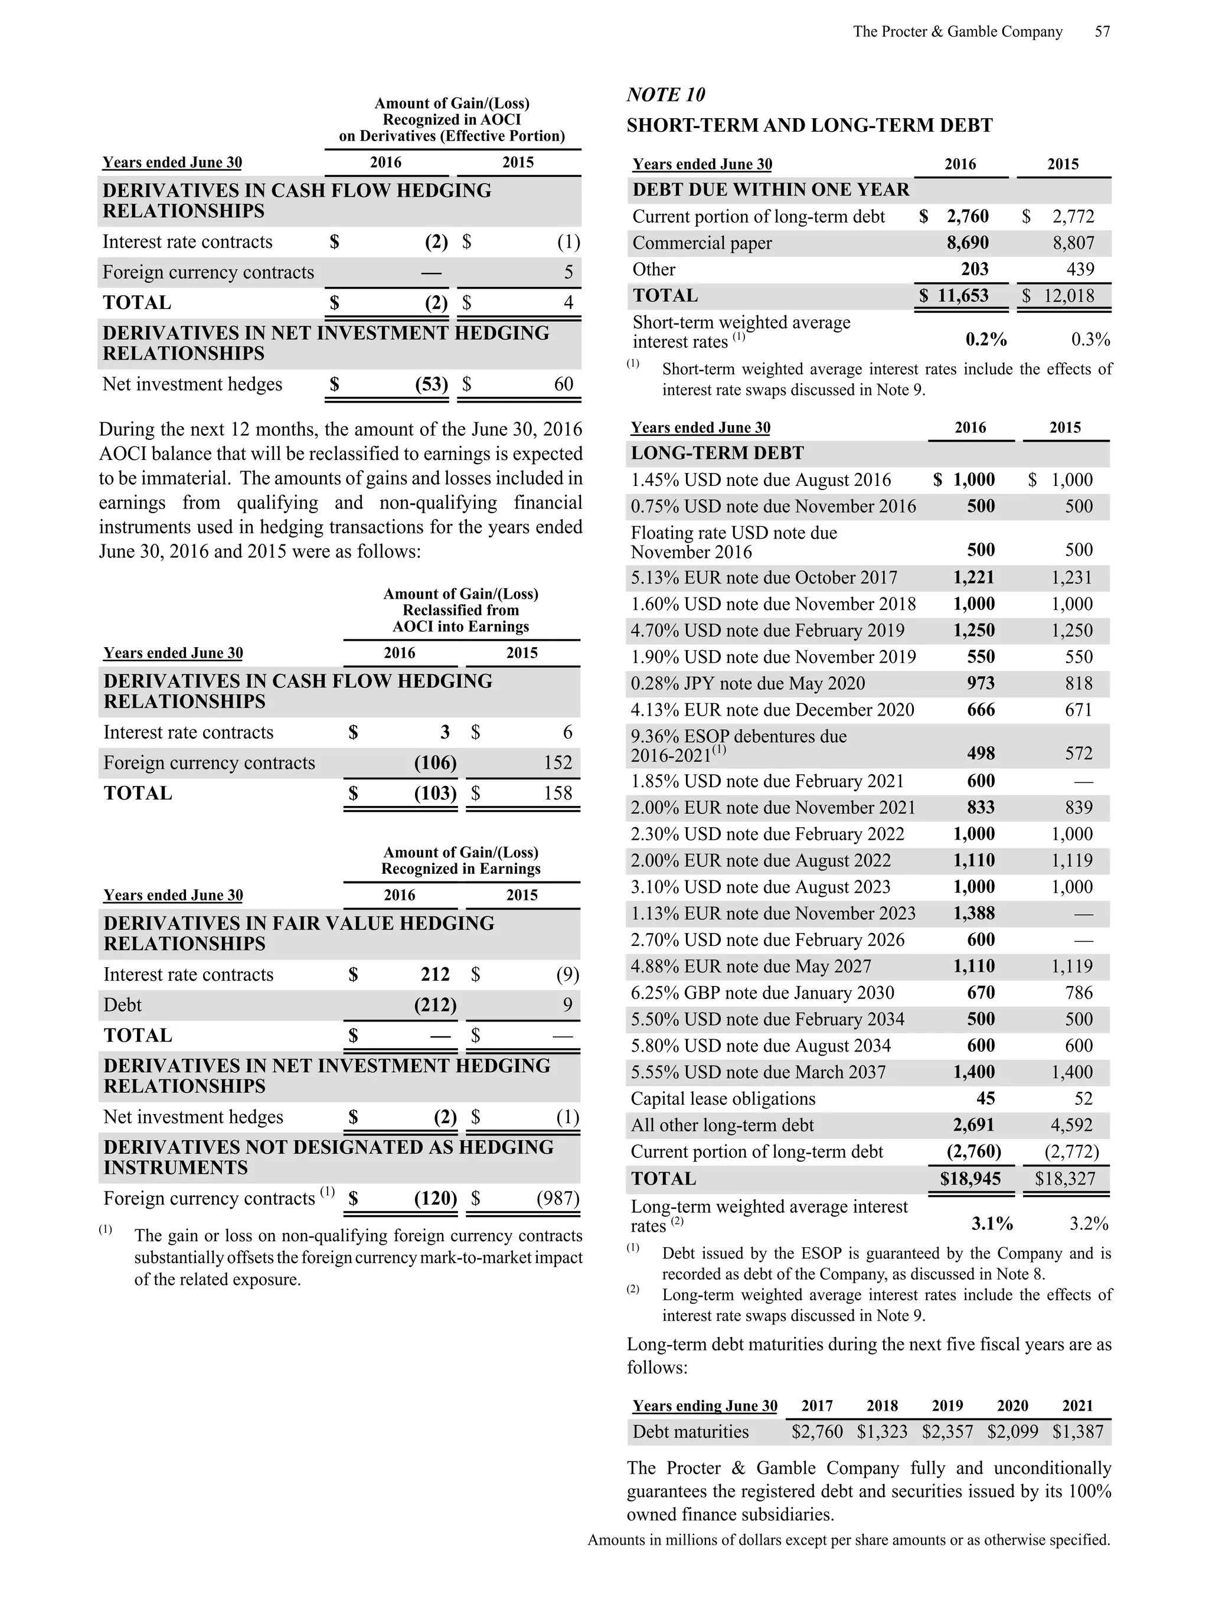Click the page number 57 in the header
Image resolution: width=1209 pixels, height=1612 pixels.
(1102, 31)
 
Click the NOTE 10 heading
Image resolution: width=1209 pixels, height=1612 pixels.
(665, 94)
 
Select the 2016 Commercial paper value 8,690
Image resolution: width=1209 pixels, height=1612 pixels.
(967, 243)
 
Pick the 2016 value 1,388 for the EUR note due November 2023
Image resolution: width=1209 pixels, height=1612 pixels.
(973, 913)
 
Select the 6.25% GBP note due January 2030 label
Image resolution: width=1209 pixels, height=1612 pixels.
(762, 993)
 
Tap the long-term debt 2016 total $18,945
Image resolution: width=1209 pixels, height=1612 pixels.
(970, 1179)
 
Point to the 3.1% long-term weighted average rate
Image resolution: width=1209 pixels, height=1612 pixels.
(992, 1223)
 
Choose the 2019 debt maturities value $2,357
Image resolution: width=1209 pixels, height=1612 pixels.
(947, 1431)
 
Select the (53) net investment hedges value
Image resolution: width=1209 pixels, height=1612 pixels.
(432, 384)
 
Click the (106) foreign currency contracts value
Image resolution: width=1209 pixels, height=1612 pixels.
(435, 763)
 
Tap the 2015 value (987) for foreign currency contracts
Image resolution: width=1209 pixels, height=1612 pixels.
(557, 1199)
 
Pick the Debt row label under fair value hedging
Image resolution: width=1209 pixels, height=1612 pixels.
(122, 1005)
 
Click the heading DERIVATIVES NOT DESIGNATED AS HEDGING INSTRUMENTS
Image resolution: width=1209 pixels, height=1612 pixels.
(328, 1157)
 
